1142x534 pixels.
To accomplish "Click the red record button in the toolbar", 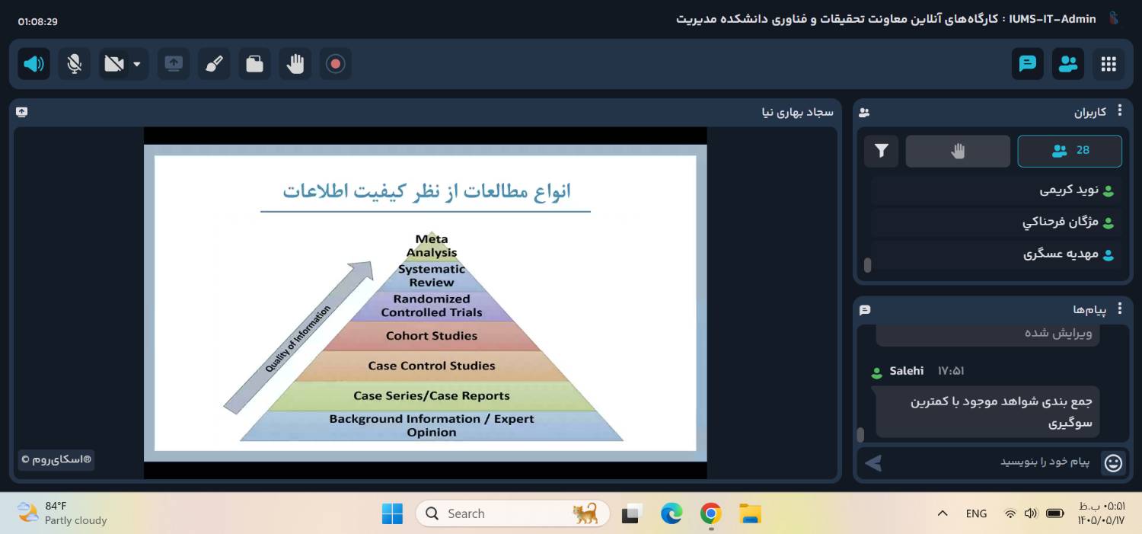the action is point(335,64).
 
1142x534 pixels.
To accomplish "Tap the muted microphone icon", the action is point(75,64).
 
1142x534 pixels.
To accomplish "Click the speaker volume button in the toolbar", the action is point(33,64).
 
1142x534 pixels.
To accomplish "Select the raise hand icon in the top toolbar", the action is point(295,64).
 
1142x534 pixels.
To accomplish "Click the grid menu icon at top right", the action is point(1109,64).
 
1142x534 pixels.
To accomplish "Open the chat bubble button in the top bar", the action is point(1027,64).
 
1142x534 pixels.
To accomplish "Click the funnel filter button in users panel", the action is point(882,151).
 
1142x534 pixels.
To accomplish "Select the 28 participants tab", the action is point(1070,151).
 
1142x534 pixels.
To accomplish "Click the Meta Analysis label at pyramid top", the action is point(432,246).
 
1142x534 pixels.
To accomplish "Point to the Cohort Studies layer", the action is point(432,336).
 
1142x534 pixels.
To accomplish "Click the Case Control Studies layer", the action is point(432,366).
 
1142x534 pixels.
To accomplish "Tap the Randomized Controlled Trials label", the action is point(432,305).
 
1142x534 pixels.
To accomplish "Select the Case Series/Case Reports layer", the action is point(432,396).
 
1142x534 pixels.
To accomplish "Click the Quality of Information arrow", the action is point(298,337).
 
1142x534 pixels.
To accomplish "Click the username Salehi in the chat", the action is point(906,371).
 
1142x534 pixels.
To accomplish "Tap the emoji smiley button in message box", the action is point(1113,462).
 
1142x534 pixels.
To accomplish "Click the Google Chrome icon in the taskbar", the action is point(710,513).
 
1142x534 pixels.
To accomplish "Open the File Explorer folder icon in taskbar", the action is point(750,513).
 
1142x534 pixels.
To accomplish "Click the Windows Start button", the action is point(392,513).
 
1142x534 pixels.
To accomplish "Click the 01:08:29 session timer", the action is point(38,21).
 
